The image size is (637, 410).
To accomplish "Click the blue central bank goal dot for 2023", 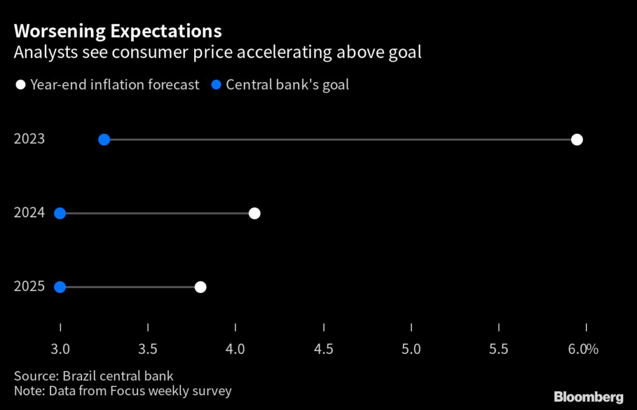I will coord(104,139).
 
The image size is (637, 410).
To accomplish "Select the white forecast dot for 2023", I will coord(577,139).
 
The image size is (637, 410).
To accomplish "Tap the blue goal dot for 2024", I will coord(60,213).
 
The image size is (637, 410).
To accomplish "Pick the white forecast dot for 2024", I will coord(254,213).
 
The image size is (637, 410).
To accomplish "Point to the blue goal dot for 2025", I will coord(60,287).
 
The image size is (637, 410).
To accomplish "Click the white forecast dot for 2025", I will coord(200,287).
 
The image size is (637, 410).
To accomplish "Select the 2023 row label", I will coord(29,139).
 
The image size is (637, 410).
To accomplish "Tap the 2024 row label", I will coord(29,213).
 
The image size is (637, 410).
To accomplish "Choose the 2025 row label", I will coord(29,287).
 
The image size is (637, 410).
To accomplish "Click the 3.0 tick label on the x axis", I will coord(60,350).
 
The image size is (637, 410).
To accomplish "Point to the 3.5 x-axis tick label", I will coord(148,350).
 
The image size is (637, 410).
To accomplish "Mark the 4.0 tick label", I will coord(236,350).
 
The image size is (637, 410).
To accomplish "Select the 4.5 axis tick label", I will coord(323,350).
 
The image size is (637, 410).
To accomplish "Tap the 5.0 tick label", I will coord(412,350).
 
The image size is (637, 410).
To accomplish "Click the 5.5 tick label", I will coord(499,350).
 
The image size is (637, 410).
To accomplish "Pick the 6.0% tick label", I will coord(584,350).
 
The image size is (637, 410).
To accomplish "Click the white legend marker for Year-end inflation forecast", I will coord(21,85).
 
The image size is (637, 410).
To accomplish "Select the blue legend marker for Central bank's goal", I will coord(216,85).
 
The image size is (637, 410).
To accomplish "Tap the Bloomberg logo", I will coord(588,397).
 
